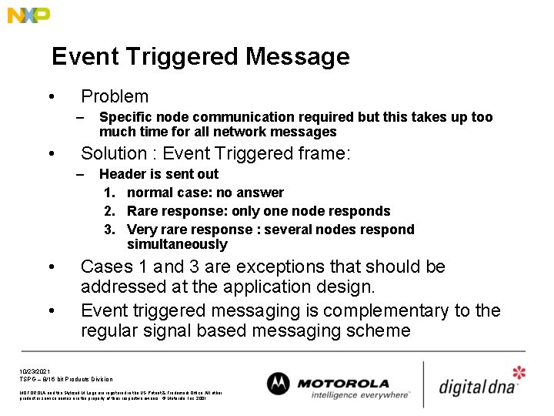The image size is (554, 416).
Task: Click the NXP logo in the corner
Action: [x=28, y=15]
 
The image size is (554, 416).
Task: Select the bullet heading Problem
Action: [x=115, y=96]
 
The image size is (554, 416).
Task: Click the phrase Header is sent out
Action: [x=159, y=174]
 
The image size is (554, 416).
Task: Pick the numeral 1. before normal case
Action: [x=108, y=193]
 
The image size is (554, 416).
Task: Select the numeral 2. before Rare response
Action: [x=108, y=211]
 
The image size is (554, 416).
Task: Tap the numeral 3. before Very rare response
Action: [x=108, y=230]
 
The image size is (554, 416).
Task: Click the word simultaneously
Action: [x=177, y=245]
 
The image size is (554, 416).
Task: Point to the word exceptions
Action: [x=265, y=267]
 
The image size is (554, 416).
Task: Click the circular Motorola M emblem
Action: [x=278, y=384]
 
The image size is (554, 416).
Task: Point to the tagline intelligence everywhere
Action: [x=360, y=395]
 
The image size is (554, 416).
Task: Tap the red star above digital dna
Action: [x=519, y=373]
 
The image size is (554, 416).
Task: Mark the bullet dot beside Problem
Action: [x=50, y=97]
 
